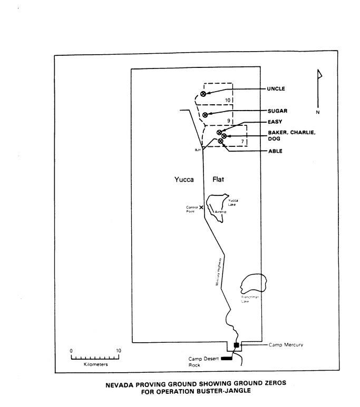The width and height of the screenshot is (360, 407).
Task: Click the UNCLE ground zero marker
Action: click(203, 94)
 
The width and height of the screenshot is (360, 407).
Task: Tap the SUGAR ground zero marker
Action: click(205, 115)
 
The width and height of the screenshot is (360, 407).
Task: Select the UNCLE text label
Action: click(276, 89)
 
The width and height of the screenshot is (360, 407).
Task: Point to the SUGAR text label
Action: click(276, 112)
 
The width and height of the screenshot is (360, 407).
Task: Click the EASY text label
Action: click(274, 122)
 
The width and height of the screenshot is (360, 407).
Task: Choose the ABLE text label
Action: click(274, 152)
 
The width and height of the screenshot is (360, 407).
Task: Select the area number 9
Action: click(229, 121)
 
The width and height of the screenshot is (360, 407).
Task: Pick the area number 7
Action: click(242, 142)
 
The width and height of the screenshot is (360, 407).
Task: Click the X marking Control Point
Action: click(201, 207)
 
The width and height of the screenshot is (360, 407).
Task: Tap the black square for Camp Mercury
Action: click(236, 345)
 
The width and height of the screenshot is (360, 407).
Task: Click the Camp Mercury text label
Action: click(287, 345)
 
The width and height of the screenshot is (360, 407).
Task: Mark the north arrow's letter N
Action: click(318, 112)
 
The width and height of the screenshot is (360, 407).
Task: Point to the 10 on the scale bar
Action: click(119, 350)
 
